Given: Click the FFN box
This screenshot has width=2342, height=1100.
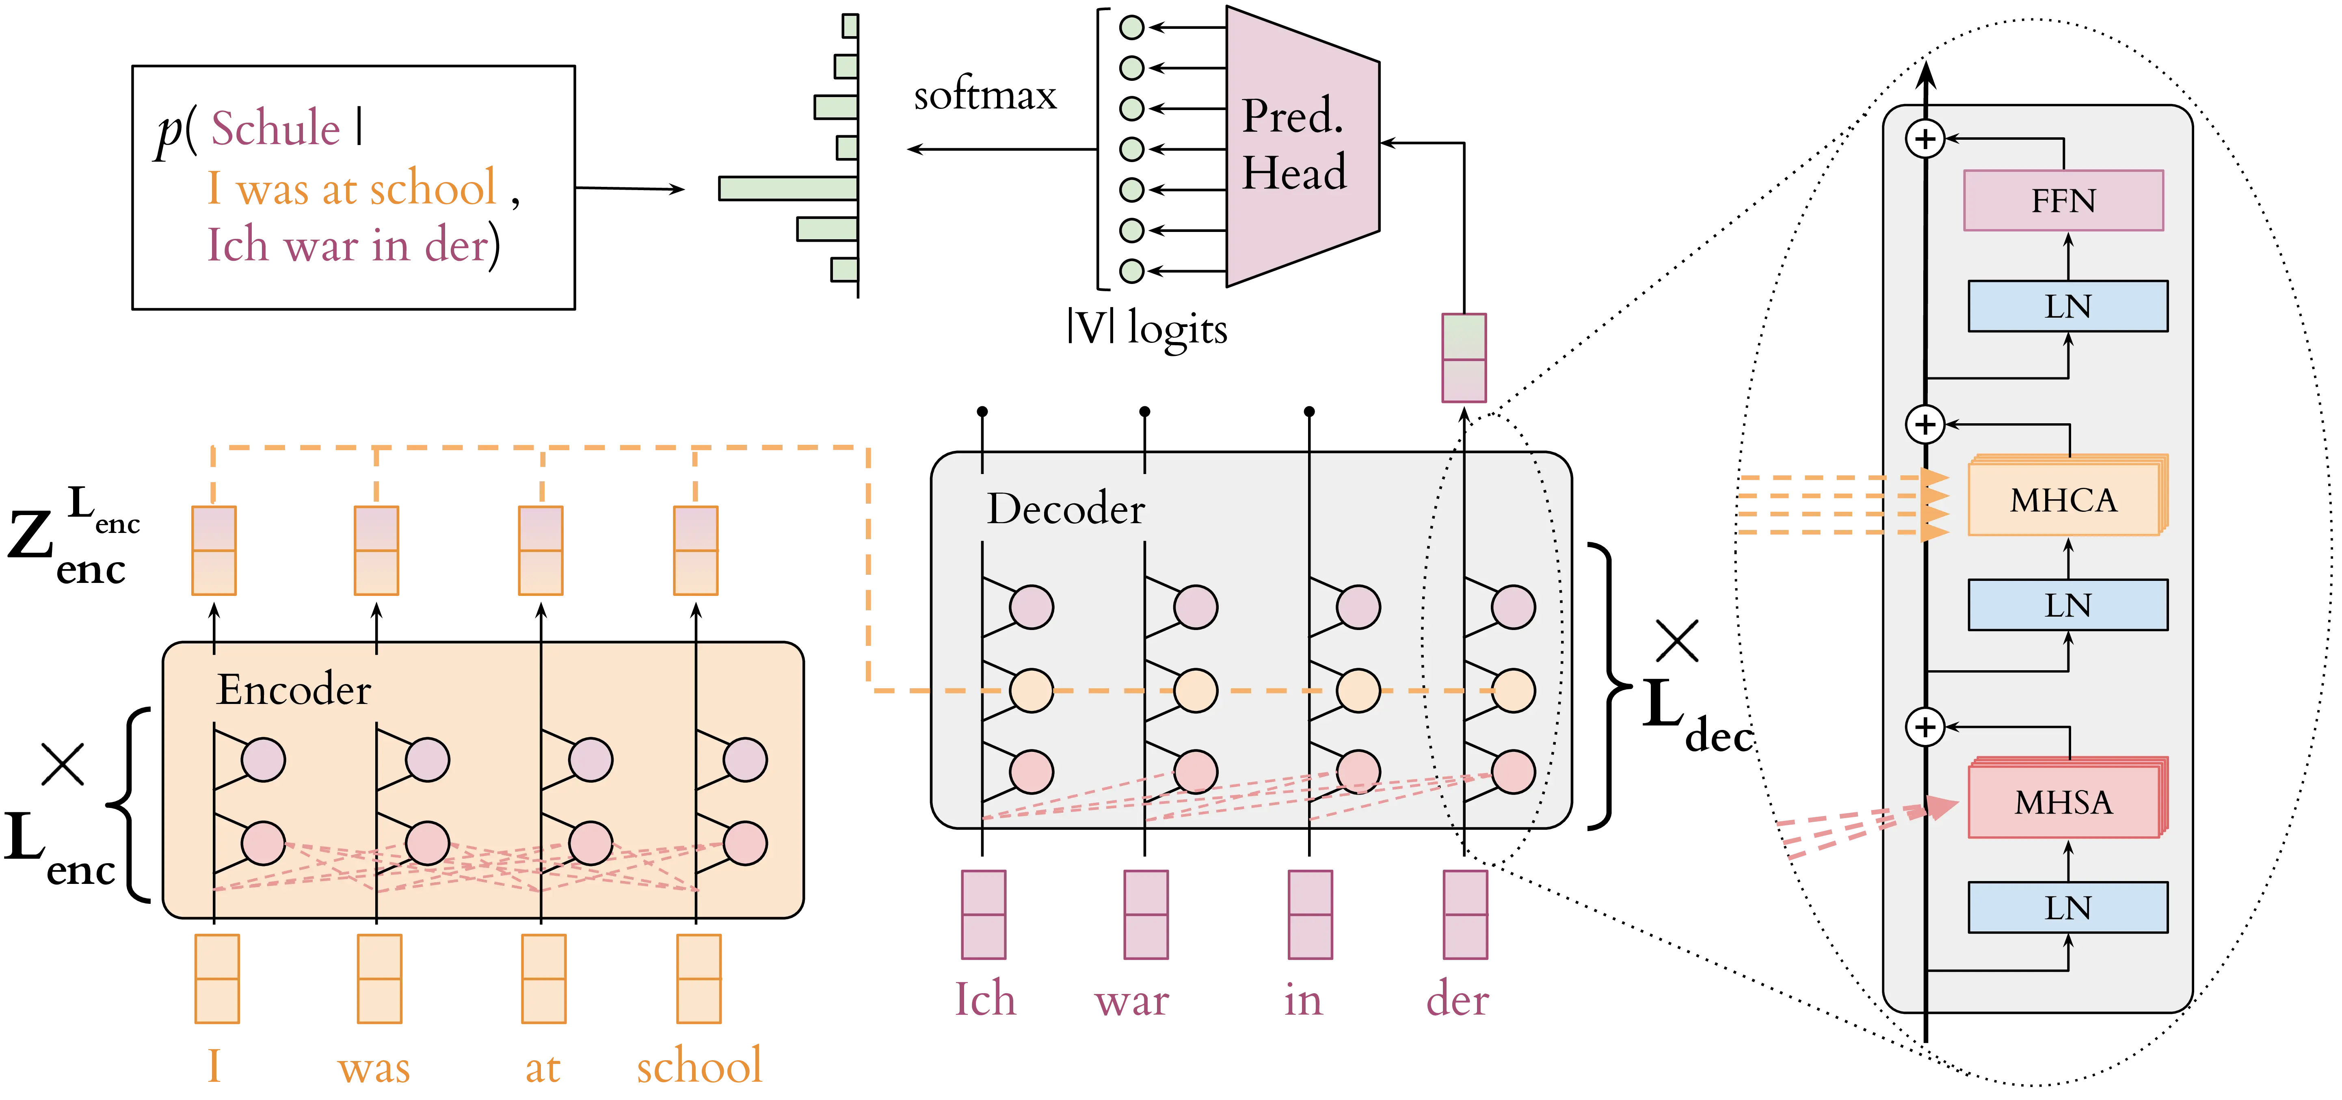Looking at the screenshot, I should pyautogui.click(x=2063, y=200).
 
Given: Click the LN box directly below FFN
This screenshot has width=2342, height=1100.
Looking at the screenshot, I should pyautogui.click(x=2067, y=306).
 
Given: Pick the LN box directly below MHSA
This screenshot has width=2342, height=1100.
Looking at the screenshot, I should pyautogui.click(x=2067, y=907).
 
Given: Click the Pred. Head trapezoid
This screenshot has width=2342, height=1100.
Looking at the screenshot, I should pyautogui.click(x=1300, y=145).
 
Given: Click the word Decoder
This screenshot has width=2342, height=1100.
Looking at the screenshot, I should pyautogui.click(x=1066, y=508).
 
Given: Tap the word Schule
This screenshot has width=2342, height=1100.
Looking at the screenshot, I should pyautogui.click(x=275, y=128).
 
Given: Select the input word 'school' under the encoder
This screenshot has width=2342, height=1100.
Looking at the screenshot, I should pyautogui.click(x=698, y=1065).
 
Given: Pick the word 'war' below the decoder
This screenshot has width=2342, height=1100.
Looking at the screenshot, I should pyautogui.click(x=1131, y=1001).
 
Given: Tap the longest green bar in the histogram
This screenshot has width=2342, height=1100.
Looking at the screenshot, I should pyautogui.click(x=788, y=188).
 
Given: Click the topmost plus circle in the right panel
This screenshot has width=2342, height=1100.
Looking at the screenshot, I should pyautogui.click(x=1925, y=139).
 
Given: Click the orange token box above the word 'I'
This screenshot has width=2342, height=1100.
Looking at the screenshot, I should pyautogui.click(x=216, y=979).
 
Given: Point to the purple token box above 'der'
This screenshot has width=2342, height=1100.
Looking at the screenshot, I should pyautogui.click(x=1466, y=914).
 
